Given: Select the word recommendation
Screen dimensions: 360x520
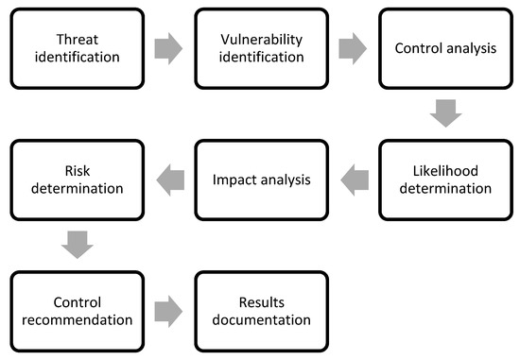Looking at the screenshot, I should (x=77, y=319).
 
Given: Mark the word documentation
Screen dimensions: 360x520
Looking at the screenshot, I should (x=261, y=319).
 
